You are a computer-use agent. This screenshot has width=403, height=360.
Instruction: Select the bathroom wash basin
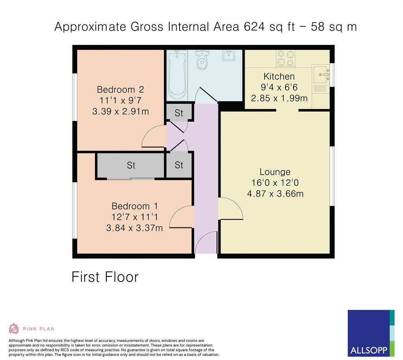tap(228, 55)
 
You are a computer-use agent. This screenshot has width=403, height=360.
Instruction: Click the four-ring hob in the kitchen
tap(285, 59)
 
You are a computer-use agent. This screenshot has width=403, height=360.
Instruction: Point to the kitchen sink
tap(321, 75)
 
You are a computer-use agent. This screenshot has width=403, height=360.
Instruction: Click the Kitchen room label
tap(279, 76)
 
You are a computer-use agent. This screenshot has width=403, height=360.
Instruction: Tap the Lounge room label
tap(275, 172)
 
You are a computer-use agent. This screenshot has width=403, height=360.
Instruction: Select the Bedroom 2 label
tap(120, 90)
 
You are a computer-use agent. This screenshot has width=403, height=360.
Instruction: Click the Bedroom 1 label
tap(134, 206)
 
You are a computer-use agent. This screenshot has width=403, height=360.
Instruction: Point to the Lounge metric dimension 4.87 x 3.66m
tap(275, 194)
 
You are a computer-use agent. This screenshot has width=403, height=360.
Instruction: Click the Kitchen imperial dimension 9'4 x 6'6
tap(279, 88)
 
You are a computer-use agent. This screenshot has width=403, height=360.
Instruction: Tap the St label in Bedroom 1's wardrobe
tap(131, 165)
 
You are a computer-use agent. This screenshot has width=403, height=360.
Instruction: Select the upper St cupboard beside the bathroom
tap(179, 112)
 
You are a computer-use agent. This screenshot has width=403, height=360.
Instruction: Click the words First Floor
tap(105, 277)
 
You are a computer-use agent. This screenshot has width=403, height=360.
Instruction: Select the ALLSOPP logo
tap(371, 333)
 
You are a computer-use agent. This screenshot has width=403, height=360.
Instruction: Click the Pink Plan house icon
tap(14, 328)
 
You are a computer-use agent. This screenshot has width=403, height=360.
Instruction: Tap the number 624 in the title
tap(254, 27)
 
